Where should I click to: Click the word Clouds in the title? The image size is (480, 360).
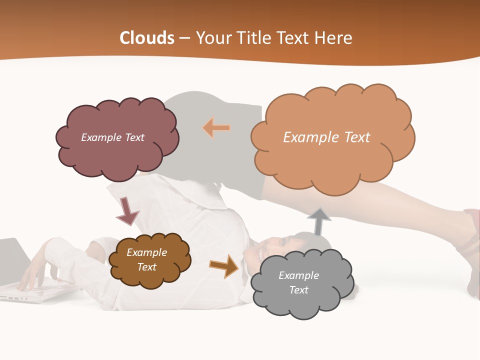pos(147,38)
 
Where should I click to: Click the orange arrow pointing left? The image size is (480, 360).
pos(216,128)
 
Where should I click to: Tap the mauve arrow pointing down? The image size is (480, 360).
pos(127,211)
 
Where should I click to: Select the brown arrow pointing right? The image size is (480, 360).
pos(224,266)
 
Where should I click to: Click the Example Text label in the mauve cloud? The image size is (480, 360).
pos(112,137)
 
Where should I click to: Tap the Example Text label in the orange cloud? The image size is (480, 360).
pos(326,137)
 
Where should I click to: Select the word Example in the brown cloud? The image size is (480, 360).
pos(146,252)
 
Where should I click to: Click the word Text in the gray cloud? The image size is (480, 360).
pos(298,290)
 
